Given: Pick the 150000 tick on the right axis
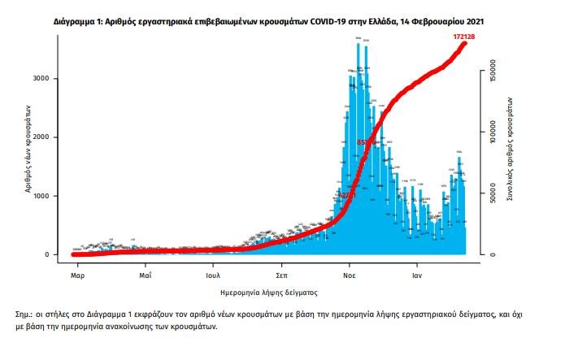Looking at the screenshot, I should [493, 72].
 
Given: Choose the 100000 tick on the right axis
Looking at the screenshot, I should [493, 132].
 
